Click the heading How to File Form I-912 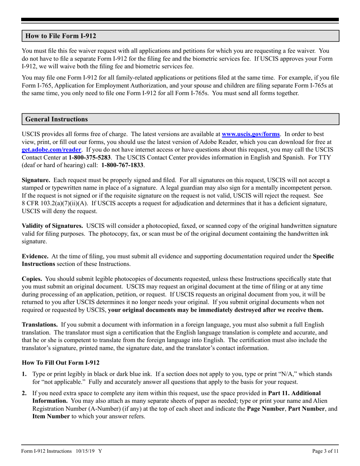click(x=61, y=36)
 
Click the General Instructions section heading click(x=56, y=119)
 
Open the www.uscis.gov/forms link click(x=250, y=134)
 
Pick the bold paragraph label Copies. click(x=32, y=279)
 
